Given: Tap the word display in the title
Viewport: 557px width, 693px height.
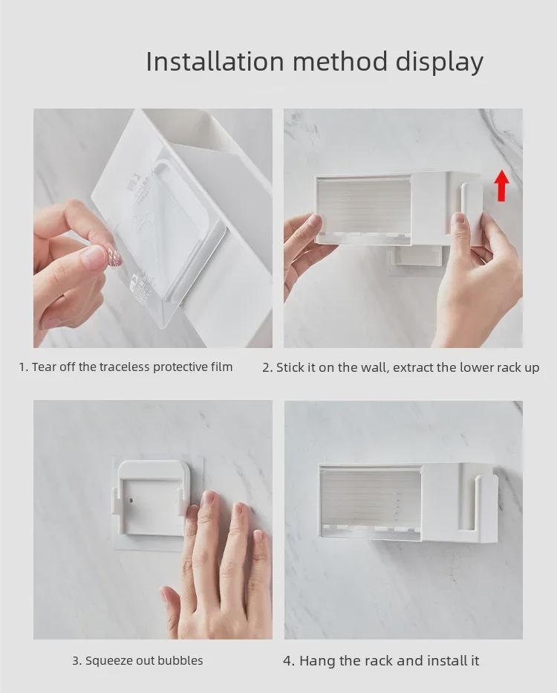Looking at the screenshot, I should pos(440,62).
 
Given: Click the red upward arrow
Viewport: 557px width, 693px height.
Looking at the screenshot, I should pos(502,185).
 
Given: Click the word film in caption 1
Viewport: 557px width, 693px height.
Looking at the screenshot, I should pos(221,367).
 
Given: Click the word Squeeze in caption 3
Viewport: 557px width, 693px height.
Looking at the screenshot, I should pos(109,660).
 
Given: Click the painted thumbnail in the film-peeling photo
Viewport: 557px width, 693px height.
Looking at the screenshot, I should pos(95,257).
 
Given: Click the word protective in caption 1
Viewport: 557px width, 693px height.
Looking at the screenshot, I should pos(164,367).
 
